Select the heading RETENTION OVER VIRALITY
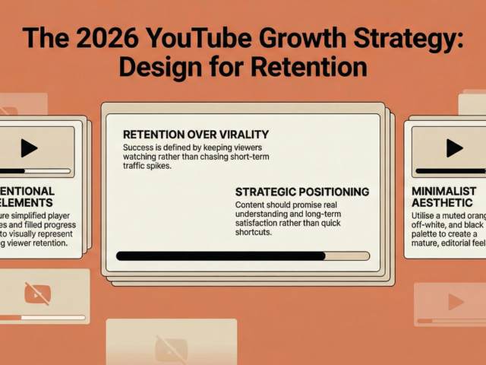[196, 135]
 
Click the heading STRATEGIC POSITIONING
[302, 192]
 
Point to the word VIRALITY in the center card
[239, 135]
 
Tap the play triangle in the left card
[29, 148]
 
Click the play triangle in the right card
[454, 148]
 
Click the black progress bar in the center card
[220, 256]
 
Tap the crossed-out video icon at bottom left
[37, 293]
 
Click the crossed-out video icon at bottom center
[171, 349]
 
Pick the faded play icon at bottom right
[455, 302]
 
